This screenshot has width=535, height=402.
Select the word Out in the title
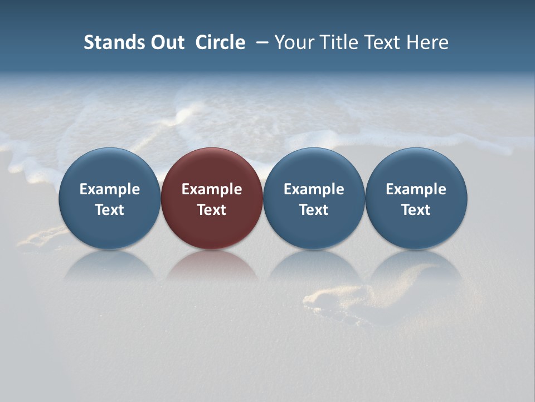click(x=166, y=42)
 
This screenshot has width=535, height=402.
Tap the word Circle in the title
click(x=220, y=42)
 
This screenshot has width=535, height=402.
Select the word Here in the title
click(x=427, y=42)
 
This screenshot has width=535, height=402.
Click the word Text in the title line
click(x=382, y=42)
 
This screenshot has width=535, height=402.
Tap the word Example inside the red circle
click(x=212, y=189)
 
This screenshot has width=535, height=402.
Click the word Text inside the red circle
click(x=212, y=210)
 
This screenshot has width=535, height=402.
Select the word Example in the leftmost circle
click(x=110, y=189)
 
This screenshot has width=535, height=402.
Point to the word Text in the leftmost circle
click(x=110, y=210)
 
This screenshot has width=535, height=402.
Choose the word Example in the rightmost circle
click(x=416, y=189)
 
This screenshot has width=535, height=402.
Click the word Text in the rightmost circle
click(x=416, y=210)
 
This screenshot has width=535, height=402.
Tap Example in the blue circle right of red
click(x=314, y=189)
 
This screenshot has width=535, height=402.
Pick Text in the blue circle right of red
click(x=314, y=210)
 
